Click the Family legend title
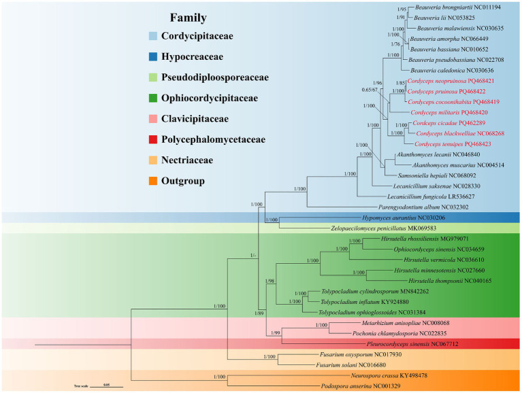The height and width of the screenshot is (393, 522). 188,18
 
